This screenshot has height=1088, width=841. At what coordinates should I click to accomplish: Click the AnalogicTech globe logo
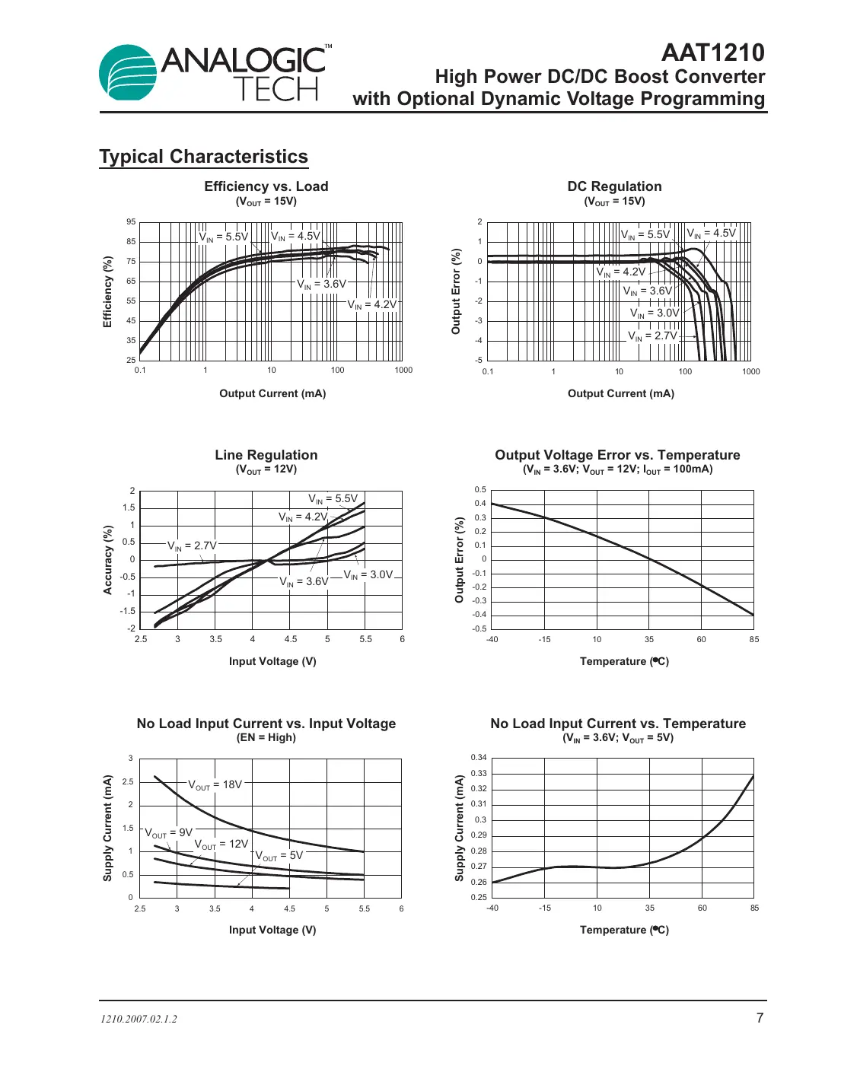128,73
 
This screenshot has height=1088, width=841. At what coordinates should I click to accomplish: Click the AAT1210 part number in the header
712,52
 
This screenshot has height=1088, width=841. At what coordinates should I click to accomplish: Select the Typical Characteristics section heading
203,157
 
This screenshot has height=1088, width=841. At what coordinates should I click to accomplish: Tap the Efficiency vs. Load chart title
266,186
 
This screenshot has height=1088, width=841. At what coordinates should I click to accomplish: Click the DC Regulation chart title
614,186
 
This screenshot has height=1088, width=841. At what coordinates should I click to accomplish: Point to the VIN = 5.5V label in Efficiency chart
224,237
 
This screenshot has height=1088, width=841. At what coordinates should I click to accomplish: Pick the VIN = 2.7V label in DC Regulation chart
652,336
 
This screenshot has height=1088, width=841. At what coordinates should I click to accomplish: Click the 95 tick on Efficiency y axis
131,222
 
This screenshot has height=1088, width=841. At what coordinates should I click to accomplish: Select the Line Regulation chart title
266,455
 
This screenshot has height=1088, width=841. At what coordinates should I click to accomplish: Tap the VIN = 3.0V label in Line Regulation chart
368,575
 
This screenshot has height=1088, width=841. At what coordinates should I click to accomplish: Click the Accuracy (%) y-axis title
108,559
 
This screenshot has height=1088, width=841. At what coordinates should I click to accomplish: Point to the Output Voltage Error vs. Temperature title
617,455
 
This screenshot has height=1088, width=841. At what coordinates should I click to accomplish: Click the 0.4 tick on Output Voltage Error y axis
480,504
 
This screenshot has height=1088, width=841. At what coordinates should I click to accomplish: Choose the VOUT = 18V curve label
215,784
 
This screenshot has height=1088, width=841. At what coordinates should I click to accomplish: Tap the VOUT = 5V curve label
279,855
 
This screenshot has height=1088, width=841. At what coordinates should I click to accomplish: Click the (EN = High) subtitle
266,737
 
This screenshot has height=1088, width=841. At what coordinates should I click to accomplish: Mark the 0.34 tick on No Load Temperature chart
478,758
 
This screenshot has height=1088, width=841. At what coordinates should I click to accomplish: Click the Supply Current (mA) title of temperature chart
459,828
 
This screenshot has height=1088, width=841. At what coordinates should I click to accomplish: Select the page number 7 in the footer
759,1018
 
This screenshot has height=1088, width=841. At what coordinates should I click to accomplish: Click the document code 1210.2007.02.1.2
139,1019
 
